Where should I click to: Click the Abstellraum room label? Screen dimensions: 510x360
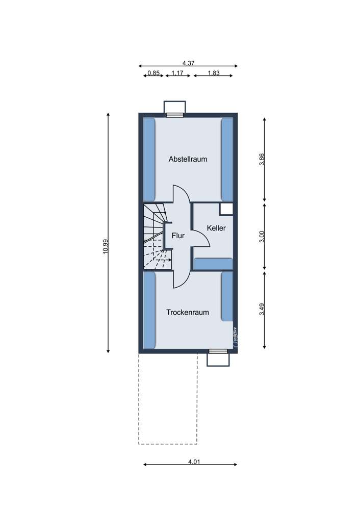pyautogui.click(x=188, y=159)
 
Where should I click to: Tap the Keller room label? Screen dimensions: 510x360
pyautogui.click(x=216, y=228)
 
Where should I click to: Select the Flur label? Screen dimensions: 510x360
pyautogui.click(x=178, y=236)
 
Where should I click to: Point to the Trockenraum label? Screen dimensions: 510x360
pyautogui.click(x=188, y=313)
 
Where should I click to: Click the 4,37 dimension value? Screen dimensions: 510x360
pyautogui.click(x=188, y=63)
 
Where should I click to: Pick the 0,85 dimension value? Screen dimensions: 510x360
pyautogui.click(x=153, y=73)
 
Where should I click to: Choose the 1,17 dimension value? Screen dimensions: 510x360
pyautogui.click(x=177, y=73)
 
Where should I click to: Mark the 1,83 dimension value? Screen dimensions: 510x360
pyautogui.click(x=214, y=73)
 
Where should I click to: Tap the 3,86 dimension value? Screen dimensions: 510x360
pyautogui.click(x=262, y=160)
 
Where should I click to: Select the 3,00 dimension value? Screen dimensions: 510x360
pyautogui.click(x=262, y=237)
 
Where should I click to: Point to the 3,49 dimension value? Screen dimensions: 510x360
pyautogui.click(x=262, y=310)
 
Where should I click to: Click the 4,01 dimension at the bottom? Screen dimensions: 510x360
pyautogui.click(x=193, y=462)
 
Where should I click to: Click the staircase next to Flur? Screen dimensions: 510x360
pyautogui.click(x=155, y=236)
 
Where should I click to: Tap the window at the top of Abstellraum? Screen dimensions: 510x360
pyautogui.click(x=175, y=115)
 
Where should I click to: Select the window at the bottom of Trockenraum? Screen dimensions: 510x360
pyautogui.click(x=218, y=351)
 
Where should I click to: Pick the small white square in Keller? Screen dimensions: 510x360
pyautogui.click(x=226, y=209)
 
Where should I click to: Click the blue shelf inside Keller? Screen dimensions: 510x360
pyautogui.click(x=213, y=264)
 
